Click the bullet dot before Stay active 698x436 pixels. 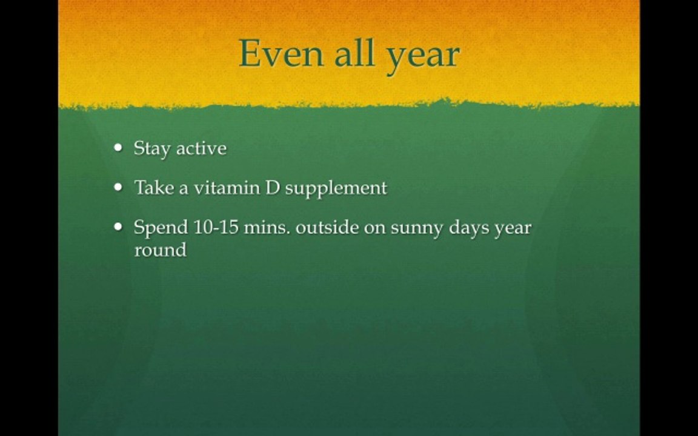[x=118, y=148]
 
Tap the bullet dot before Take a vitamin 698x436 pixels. [x=118, y=187]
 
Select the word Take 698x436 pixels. [x=153, y=187]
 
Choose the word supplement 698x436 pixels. [x=336, y=188]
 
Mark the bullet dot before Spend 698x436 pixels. [x=118, y=228]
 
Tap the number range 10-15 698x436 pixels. [x=216, y=228]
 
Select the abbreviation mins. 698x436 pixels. [x=266, y=228]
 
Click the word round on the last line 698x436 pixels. [x=160, y=249]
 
